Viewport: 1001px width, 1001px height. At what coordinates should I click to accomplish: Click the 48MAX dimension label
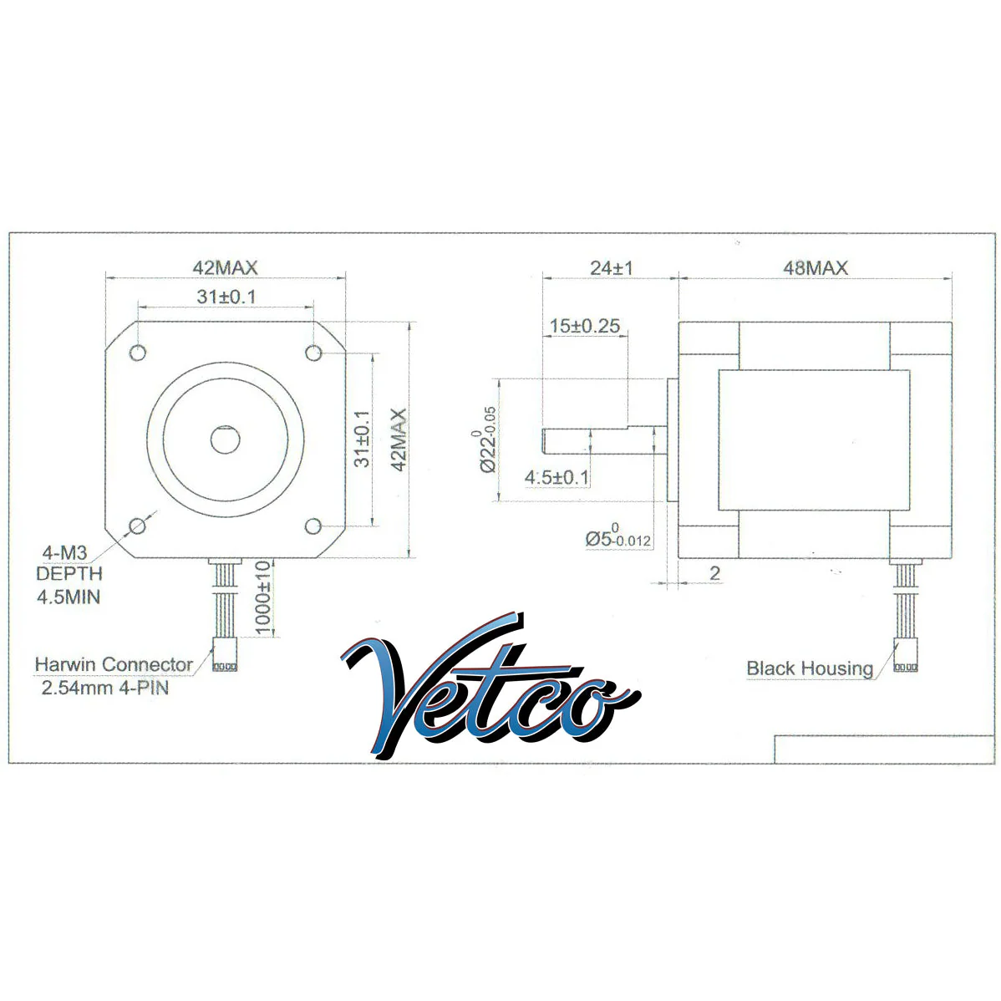click(x=816, y=267)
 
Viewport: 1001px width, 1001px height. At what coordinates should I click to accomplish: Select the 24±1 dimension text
click(x=611, y=267)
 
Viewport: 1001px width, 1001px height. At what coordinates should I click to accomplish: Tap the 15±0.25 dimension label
click(x=585, y=326)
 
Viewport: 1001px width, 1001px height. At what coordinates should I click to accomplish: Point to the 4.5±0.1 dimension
click(x=556, y=477)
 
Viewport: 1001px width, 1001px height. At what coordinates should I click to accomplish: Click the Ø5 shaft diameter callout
click(x=618, y=536)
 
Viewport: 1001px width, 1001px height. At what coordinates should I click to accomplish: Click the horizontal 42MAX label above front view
click(x=226, y=267)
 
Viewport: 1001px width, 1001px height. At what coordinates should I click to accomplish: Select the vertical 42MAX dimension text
click(x=399, y=440)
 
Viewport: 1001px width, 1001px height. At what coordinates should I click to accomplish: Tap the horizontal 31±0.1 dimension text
click(x=226, y=297)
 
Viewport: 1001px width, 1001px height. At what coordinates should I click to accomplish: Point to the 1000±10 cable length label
click(x=263, y=597)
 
